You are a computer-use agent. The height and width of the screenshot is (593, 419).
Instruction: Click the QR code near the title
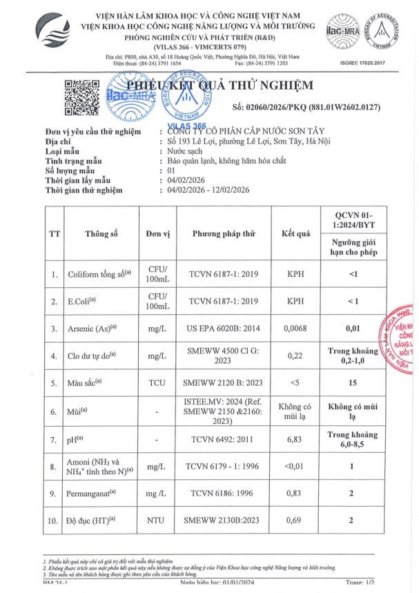82,97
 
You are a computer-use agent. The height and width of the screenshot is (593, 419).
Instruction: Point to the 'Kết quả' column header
296,233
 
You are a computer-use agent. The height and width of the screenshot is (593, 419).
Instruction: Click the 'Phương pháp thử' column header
224,233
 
